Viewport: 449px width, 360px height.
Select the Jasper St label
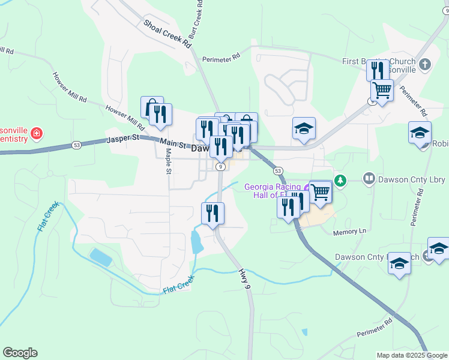click(122, 139)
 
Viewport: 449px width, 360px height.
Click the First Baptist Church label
click(378, 61)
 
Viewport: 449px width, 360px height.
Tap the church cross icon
click(425, 64)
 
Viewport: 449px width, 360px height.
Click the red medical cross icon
click(37, 133)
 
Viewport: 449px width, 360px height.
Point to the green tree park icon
click(341, 179)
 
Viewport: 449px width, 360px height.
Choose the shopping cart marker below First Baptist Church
click(382, 91)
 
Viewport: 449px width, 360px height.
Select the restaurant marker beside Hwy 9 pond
click(212, 213)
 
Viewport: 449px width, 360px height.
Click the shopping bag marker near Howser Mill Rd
click(151, 107)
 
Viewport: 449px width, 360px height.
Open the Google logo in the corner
click(20, 353)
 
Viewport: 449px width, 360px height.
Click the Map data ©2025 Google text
click(412, 355)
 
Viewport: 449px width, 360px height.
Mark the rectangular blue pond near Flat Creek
click(100, 256)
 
